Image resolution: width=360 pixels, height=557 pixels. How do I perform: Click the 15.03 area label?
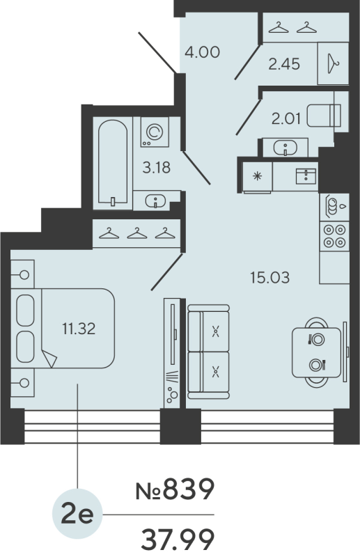pyautogui.click(x=269, y=278)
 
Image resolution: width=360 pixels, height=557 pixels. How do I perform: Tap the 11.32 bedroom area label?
pyautogui.click(x=77, y=328)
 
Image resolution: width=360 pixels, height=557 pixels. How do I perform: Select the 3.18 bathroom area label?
pyautogui.click(x=156, y=168)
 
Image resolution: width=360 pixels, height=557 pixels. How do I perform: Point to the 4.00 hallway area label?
pyautogui.click(x=203, y=52)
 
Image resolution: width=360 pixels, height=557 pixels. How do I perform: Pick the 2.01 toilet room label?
pyautogui.click(x=286, y=118)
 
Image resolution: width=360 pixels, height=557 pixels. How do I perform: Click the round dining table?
pyautogui.click(x=318, y=351)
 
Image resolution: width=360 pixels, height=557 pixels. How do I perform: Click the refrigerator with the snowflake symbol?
pyautogui.click(x=256, y=175)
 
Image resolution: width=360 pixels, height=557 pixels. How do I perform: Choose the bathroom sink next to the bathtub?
pyautogui.click(x=155, y=201)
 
